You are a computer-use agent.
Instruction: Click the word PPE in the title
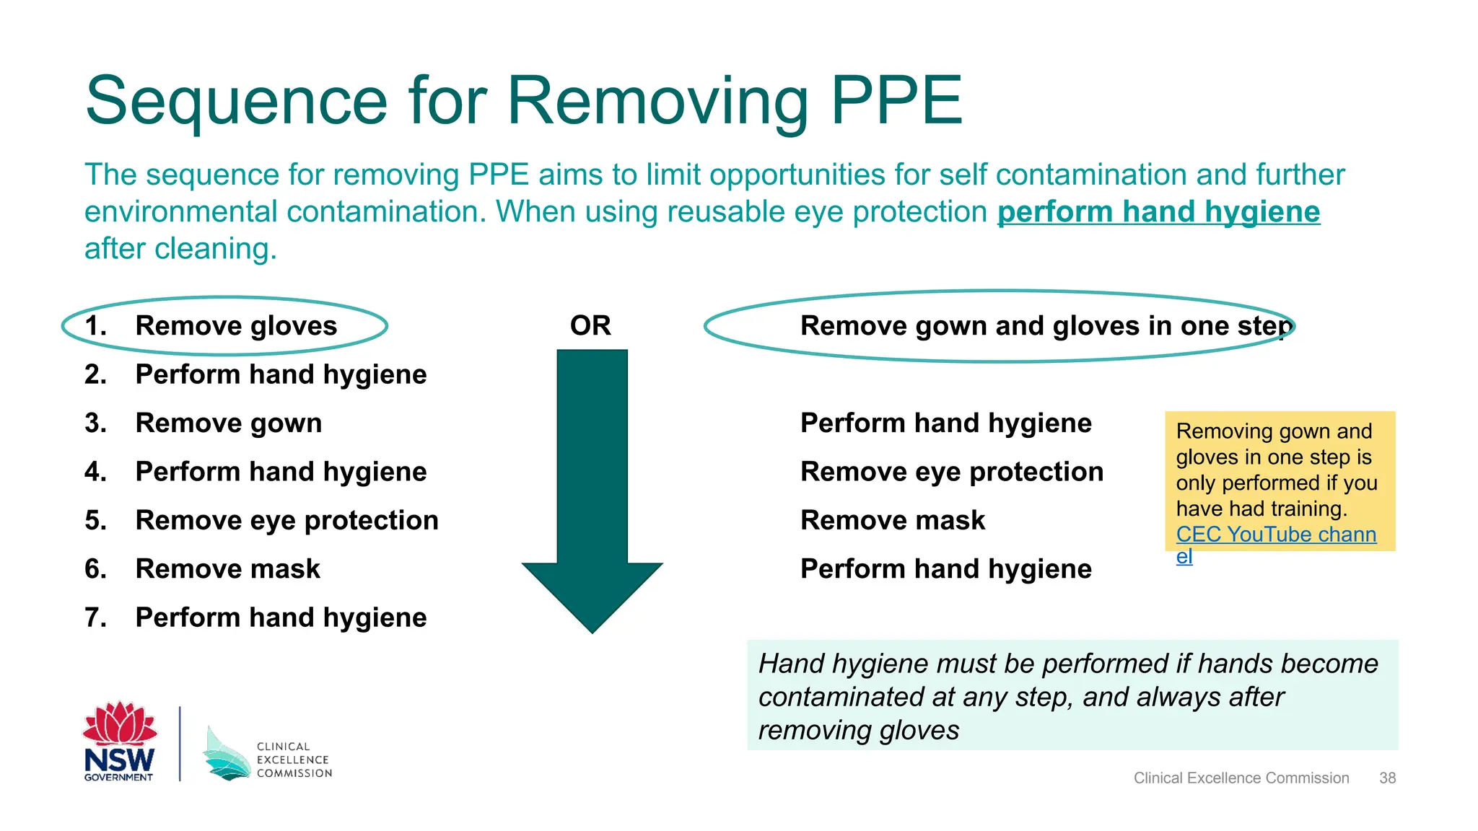click(x=896, y=101)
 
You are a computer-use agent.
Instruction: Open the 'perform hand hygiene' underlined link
click(x=1158, y=212)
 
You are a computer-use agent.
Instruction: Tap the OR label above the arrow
click(x=590, y=325)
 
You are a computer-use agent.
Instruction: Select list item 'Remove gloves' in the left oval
click(x=236, y=326)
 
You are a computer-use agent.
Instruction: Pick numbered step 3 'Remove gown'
click(x=228, y=423)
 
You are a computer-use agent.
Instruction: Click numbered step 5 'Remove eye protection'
click(x=287, y=520)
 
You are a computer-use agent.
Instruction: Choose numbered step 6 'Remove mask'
click(x=227, y=569)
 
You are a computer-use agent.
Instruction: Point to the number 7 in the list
click(x=95, y=617)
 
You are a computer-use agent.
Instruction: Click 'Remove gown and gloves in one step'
click(x=1045, y=326)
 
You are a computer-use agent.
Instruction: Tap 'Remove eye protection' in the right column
click(x=951, y=472)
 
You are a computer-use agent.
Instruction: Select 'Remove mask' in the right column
click(x=892, y=520)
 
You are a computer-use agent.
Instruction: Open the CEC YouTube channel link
click(x=1275, y=535)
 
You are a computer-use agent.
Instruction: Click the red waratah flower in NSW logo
click(x=120, y=724)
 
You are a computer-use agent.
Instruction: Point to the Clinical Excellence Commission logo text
click(x=294, y=760)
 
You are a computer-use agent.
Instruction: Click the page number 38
click(x=1387, y=778)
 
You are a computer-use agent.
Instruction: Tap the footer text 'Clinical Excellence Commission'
click(x=1241, y=778)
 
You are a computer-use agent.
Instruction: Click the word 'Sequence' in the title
click(x=237, y=101)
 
